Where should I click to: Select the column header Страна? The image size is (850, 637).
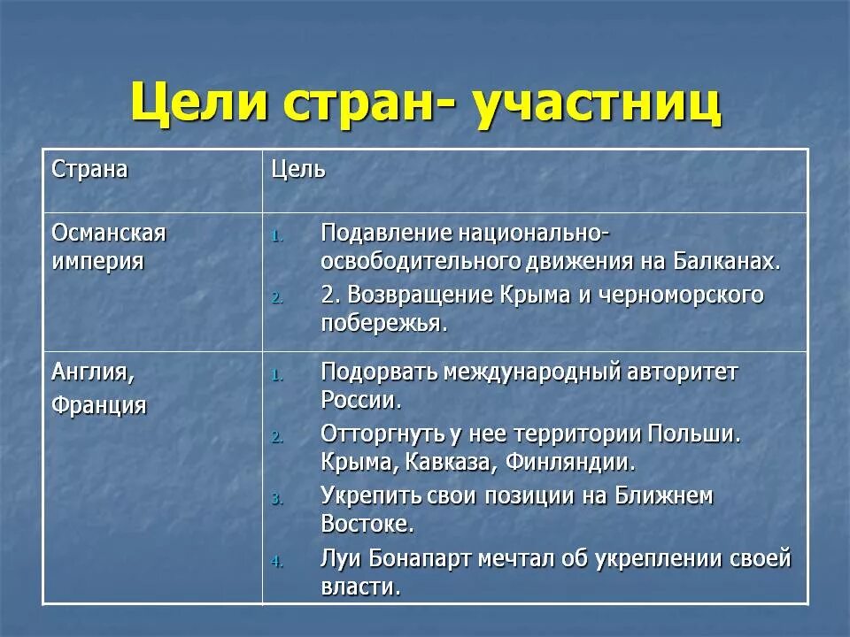(89, 169)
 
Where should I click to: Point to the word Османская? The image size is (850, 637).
(109, 234)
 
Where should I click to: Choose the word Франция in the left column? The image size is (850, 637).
(99, 405)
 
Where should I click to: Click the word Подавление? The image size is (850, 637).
(385, 234)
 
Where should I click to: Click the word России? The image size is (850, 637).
(360, 399)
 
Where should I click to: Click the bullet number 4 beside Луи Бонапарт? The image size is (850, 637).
(276, 562)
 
